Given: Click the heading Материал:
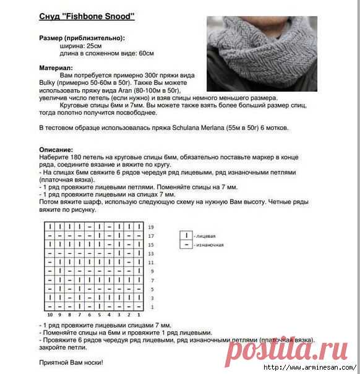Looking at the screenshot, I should (x=56, y=67).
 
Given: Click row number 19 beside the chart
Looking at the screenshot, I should (x=151, y=228).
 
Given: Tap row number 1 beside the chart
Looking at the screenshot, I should (x=152, y=307).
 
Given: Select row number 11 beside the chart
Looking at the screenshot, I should (x=151, y=263).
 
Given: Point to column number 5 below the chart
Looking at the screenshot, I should (x=98, y=315).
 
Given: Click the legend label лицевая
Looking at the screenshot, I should (x=205, y=236).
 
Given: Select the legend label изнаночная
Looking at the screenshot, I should (x=209, y=245).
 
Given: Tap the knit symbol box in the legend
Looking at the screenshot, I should (x=184, y=235).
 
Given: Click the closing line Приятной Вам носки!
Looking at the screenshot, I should (x=71, y=362).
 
